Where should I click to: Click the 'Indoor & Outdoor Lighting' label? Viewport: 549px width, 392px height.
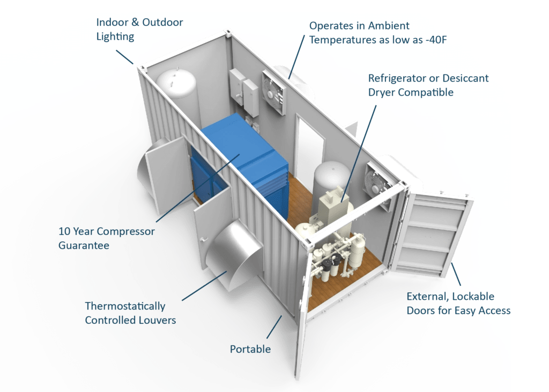(139, 29)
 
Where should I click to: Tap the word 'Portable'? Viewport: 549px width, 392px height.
(250, 349)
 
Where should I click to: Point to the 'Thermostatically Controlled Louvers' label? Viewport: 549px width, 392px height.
(130, 313)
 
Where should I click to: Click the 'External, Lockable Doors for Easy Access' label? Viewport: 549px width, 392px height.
(458, 304)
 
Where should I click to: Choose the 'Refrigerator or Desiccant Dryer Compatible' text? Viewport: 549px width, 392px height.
(428, 85)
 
